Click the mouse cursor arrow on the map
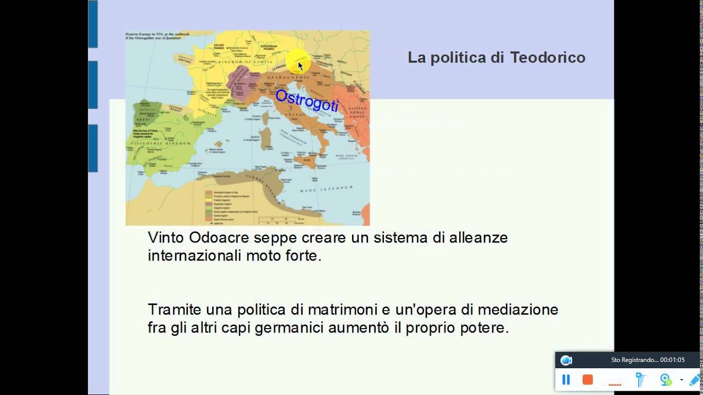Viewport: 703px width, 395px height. click(300, 65)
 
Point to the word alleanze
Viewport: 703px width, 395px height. click(478, 238)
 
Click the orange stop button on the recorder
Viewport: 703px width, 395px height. click(588, 379)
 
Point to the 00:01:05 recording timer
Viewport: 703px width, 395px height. click(672, 360)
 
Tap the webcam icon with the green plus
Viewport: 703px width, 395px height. click(666, 379)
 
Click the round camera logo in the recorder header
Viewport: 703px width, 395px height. click(566, 360)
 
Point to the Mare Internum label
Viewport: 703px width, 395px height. click(319, 189)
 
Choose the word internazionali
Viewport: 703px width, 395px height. click(194, 256)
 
